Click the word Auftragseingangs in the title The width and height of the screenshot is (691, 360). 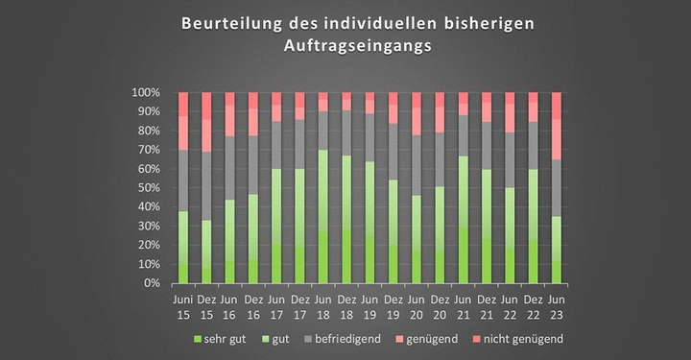tap(345, 45)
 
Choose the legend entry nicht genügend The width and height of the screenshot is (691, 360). tap(522, 339)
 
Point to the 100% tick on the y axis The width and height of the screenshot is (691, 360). tap(145, 93)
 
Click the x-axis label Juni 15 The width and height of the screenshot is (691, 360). tap(183, 306)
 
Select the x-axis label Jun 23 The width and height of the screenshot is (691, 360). tap(558, 306)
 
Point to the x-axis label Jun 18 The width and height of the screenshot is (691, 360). tap(323, 306)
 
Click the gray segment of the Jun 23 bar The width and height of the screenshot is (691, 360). tap(558, 188)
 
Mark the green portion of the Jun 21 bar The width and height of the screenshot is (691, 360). tap(464, 220)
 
